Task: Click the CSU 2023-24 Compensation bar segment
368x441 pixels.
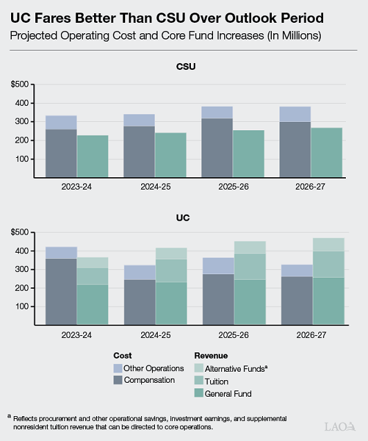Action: (x=62, y=152)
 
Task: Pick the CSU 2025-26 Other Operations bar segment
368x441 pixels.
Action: (x=217, y=112)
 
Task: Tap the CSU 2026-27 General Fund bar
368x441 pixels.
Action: (x=328, y=152)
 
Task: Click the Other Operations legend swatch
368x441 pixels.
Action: (x=118, y=368)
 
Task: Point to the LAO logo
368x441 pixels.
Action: (x=342, y=426)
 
